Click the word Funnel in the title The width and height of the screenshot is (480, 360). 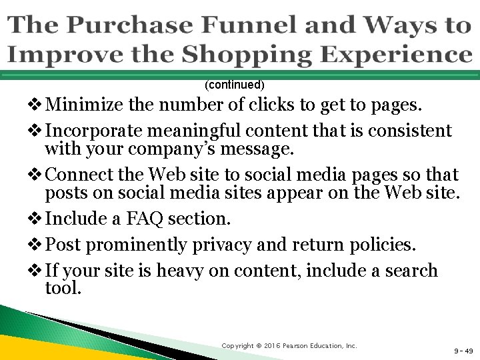[x=245, y=25]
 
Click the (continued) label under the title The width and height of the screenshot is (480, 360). [x=235, y=85]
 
